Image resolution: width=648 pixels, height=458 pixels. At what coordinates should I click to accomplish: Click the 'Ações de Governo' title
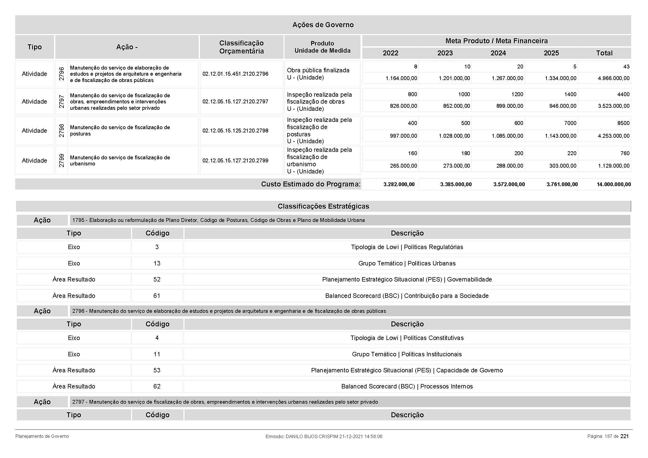tap(323, 25)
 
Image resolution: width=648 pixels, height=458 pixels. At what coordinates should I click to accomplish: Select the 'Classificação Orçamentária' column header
tap(241, 47)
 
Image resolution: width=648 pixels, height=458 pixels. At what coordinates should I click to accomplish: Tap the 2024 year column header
tap(498, 53)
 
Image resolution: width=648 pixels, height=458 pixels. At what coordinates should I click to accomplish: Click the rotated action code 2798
tap(62, 131)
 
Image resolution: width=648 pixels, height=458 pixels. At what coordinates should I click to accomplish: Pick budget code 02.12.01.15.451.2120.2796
tap(235, 74)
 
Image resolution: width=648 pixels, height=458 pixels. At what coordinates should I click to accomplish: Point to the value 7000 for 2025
tap(570, 123)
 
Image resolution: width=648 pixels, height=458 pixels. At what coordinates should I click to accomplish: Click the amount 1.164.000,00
tap(401, 78)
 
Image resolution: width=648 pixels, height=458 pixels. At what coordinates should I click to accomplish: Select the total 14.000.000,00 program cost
tap(614, 185)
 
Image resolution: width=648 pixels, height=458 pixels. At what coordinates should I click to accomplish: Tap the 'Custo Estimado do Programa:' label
tap(311, 184)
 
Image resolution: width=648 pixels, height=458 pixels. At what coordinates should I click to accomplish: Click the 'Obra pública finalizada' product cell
tap(318, 70)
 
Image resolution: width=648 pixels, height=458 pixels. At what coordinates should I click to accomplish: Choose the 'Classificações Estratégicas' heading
tap(323, 206)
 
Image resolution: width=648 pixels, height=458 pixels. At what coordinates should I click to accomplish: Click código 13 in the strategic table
tap(157, 263)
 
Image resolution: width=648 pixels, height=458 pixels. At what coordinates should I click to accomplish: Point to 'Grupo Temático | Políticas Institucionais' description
tap(407, 354)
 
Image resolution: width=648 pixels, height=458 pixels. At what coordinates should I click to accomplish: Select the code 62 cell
tap(157, 386)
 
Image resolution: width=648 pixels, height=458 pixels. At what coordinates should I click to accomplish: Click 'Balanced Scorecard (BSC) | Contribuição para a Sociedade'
tap(407, 296)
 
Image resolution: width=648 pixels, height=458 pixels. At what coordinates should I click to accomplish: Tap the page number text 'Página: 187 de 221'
tap(608, 436)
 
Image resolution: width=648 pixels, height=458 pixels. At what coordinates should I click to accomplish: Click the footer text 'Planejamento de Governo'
tap(42, 436)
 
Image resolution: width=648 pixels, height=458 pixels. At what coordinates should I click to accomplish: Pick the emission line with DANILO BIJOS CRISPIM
tap(324, 437)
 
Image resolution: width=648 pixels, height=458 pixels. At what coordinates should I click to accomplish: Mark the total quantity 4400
tap(623, 94)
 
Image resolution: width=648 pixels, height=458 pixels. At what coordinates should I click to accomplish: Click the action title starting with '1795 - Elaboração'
tap(218, 220)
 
